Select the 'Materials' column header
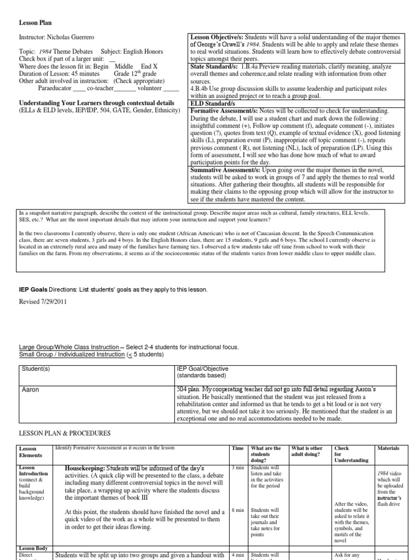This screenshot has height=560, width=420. (388, 448)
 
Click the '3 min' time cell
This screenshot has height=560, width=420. (237, 468)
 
